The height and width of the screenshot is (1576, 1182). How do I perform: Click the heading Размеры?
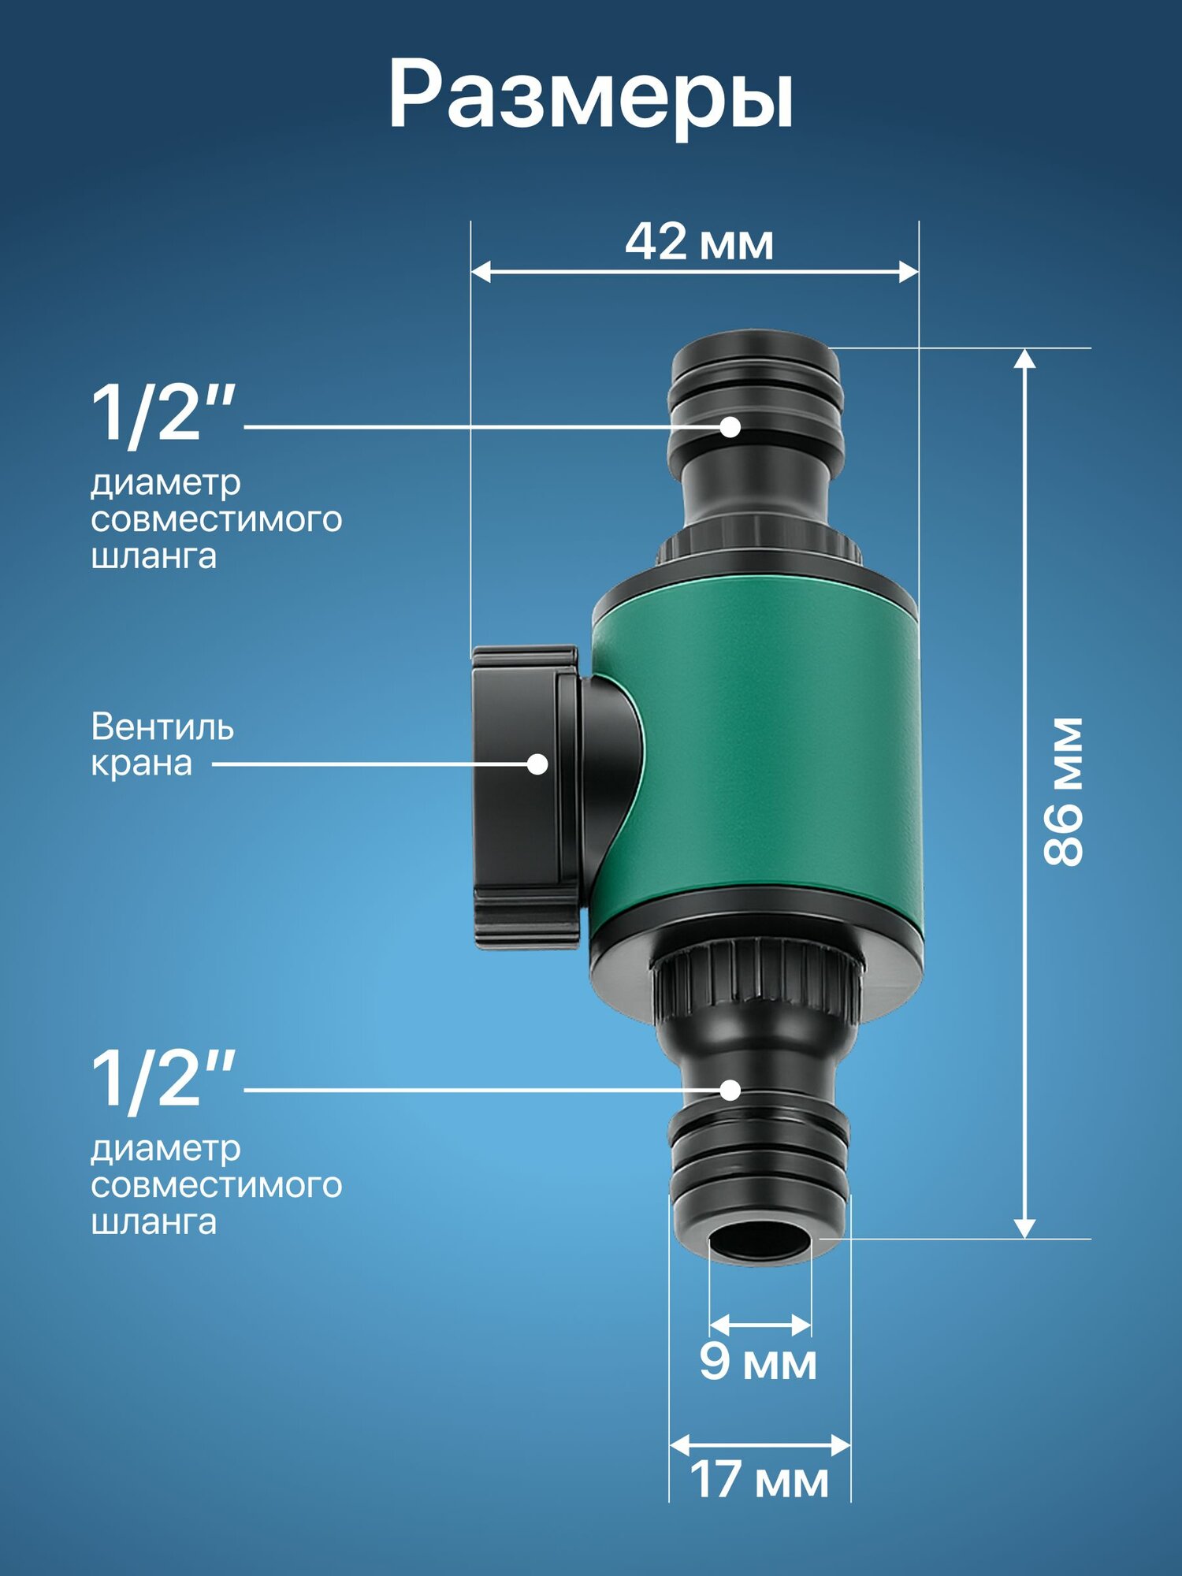click(x=591, y=96)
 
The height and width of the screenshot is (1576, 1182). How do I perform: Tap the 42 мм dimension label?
click(x=699, y=242)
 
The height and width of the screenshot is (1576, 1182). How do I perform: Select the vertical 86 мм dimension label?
click(x=1064, y=792)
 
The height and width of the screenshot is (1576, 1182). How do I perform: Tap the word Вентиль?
click(x=162, y=727)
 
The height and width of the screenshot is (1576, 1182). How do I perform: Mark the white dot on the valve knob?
click(x=537, y=764)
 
